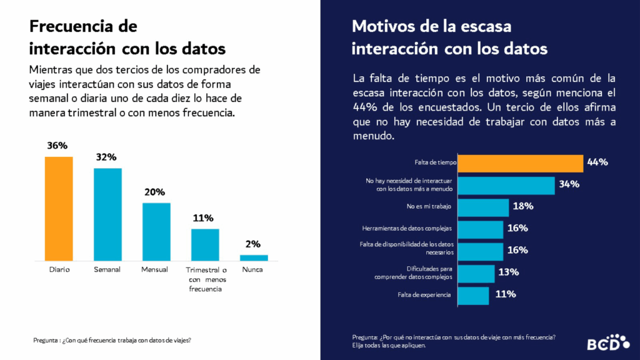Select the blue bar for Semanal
pos(107,214)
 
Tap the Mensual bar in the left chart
pos(156,231)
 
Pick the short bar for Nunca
pos(254,257)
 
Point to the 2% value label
pos(253,244)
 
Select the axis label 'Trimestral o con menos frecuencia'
pos(206,279)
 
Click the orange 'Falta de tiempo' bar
pos(521,162)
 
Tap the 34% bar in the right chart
pos(506,185)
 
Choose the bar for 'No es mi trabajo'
pos(482,206)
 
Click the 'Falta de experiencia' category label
pos(424,294)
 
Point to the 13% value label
pos(507,272)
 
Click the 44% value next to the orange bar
pos(597,162)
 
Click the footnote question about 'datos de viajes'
pos(112,341)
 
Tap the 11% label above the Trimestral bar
pos(204,218)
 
